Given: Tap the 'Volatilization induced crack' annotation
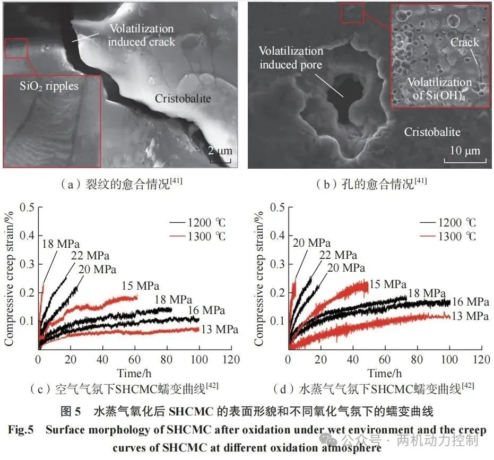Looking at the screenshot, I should click(x=142, y=35).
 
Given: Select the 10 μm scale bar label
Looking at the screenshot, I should click(x=465, y=151).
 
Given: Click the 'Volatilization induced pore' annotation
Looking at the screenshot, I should click(x=291, y=58).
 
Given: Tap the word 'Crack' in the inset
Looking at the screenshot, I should click(x=464, y=42).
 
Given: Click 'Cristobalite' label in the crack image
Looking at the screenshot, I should click(x=183, y=99).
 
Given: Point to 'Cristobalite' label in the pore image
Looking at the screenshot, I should click(x=432, y=132).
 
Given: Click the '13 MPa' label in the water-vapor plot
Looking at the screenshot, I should click(x=470, y=316).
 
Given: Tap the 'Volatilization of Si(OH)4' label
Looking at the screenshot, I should click(x=439, y=88).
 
